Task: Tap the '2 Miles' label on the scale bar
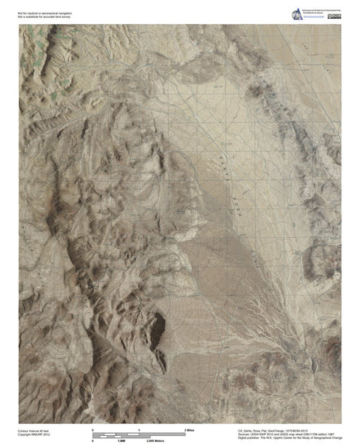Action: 189,428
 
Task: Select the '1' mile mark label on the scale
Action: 139,428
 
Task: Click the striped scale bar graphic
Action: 139,434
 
